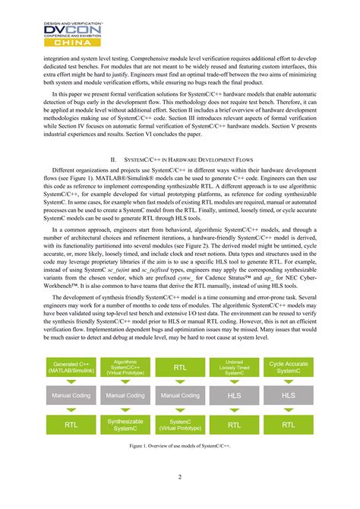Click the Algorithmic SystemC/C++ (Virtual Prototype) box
pos(125,368)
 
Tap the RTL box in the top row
pos(180,368)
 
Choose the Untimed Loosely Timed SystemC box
pos(235,368)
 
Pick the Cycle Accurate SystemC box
pos(289,368)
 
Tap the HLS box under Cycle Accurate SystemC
pos(289,396)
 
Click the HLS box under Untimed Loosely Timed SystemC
pos(235,396)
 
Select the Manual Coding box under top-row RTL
pos(180,396)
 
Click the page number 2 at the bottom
pos(180,477)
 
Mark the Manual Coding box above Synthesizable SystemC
pos(125,396)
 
